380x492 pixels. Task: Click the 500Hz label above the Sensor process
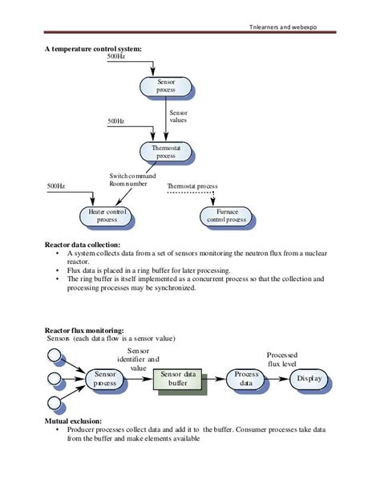[x=117, y=58]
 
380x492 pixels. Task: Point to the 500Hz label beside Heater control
[x=55, y=186]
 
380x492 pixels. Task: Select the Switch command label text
[x=133, y=176]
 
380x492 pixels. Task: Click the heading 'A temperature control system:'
[x=93, y=49]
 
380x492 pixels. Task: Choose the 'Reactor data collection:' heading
[x=83, y=244]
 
